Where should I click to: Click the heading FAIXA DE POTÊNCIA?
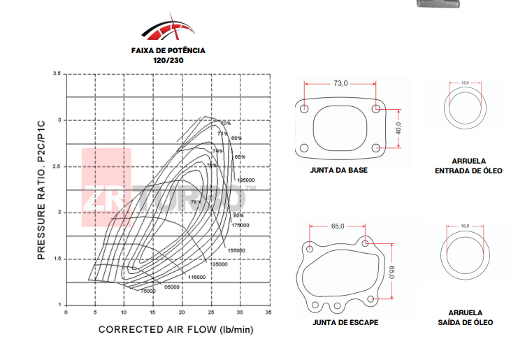(x=168, y=50)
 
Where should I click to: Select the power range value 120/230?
(x=168, y=61)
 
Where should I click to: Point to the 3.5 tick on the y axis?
(x=57, y=73)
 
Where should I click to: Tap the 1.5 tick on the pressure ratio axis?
(x=57, y=259)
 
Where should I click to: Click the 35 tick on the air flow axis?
(x=269, y=313)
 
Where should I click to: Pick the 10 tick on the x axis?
(x=123, y=313)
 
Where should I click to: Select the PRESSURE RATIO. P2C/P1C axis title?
(x=41, y=189)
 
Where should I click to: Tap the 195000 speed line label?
(x=245, y=180)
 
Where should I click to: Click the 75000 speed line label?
(x=148, y=291)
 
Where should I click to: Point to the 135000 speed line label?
(x=219, y=264)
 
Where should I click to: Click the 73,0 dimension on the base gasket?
(x=340, y=83)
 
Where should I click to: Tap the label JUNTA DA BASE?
(x=338, y=170)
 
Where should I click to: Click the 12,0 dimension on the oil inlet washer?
(x=466, y=82)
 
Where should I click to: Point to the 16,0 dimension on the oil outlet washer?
(x=466, y=226)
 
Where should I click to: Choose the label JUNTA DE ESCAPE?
(x=345, y=322)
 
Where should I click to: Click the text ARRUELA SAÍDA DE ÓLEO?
(x=466, y=317)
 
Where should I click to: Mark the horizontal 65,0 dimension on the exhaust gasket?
(x=338, y=226)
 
